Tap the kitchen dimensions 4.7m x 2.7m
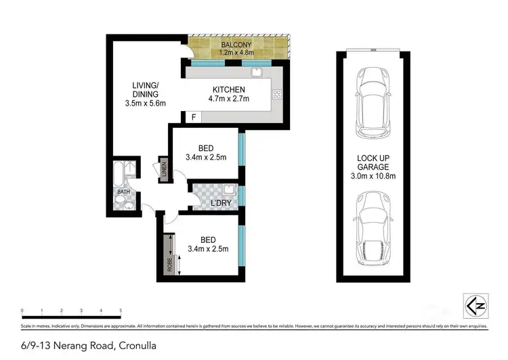pos(229,99)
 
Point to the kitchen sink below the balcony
pos(257,73)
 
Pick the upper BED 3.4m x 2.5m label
pos(206,153)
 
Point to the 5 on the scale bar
pos(121,311)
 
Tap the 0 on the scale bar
pos(22,311)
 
